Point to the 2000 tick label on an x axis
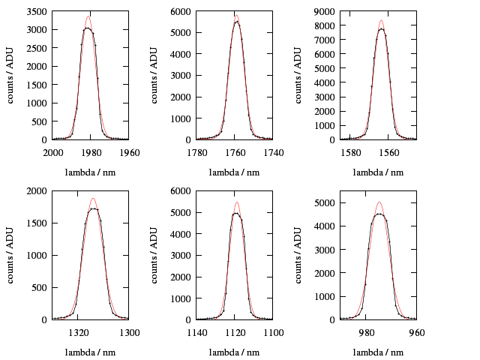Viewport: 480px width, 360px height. pyautogui.click(x=52, y=152)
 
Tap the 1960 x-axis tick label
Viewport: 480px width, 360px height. pyautogui.click(x=128, y=152)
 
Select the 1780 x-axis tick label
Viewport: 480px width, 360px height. pyautogui.click(x=196, y=152)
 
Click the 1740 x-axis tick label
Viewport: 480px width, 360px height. pyautogui.click(x=272, y=152)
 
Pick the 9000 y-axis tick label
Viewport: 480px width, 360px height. pyautogui.click(x=327, y=12)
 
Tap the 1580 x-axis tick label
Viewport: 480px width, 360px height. pyautogui.click(x=350, y=152)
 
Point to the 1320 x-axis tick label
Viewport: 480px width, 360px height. pyautogui.click(x=78, y=332)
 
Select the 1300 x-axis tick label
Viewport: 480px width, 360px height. pyautogui.click(x=128, y=332)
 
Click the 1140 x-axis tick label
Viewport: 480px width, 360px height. pyautogui.click(x=196, y=332)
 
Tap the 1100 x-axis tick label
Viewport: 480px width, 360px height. pyautogui.click(x=272, y=332)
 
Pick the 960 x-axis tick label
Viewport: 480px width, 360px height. pyautogui.click(x=416, y=332)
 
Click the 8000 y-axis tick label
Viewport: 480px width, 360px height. pyautogui.click(x=327, y=26)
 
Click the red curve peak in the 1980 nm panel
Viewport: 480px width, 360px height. pyautogui.click(x=88, y=16)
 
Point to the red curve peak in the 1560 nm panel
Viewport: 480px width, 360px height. pyautogui.click(x=381, y=20)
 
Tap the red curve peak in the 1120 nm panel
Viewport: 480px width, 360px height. pyautogui.click(x=236, y=202)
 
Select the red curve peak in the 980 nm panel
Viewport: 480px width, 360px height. pyautogui.click(x=379, y=202)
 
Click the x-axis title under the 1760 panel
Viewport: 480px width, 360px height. pyautogui.click(x=234, y=172)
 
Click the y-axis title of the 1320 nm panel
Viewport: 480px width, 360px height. pyautogui.click(x=12, y=256)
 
